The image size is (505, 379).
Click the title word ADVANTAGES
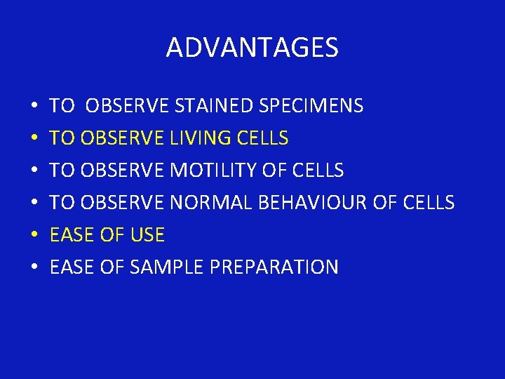pyautogui.click(x=252, y=48)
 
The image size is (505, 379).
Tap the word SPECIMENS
pyautogui.click(x=311, y=106)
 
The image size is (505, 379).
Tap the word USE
pyautogui.click(x=147, y=235)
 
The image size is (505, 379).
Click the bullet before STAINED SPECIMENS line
pyautogui.click(x=34, y=107)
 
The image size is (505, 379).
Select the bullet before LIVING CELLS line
pyautogui.click(x=34, y=139)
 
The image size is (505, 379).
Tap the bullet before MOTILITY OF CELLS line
pyautogui.click(x=34, y=171)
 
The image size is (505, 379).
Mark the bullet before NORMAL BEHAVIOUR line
pyautogui.click(x=34, y=204)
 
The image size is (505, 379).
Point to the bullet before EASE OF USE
pyautogui.click(x=34, y=236)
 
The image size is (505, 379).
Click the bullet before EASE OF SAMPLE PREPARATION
pyautogui.click(x=34, y=268)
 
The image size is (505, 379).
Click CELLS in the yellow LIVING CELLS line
pyautogui.click(x=262, y=138)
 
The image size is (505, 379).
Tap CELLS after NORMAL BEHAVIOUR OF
pyautogui.click(x=429, y=203)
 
